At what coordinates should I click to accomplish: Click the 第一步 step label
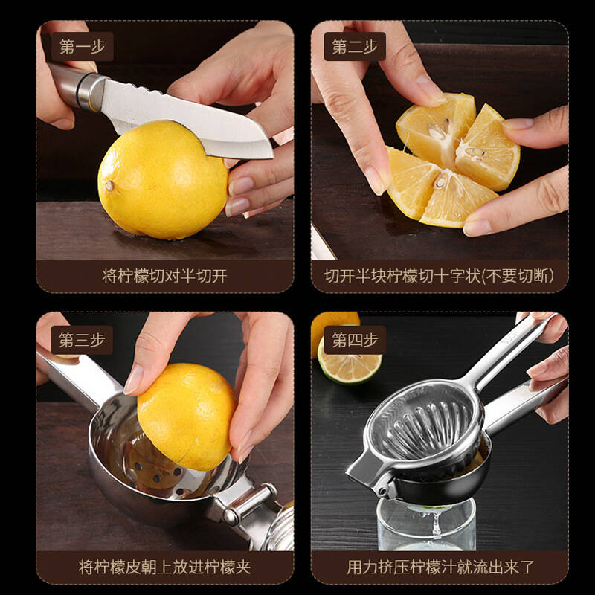pyautogui.click(x=83, y=46)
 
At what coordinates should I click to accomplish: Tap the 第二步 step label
pyautogui.click(x=355, y=46)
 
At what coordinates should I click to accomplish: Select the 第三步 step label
pyautogui.click(x=82, y=340)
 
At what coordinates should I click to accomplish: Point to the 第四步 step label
pyautogui.click(x=355, y=340)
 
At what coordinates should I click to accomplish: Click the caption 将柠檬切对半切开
pyautogui.click(x=164, y=276)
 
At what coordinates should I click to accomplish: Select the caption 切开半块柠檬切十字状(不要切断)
pyautogui.click(x=439, y=276)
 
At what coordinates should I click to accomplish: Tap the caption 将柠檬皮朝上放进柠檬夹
pyautogui.click(x=164, y=567)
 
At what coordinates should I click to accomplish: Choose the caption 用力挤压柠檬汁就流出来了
pyautogui.click(x=440, y=567)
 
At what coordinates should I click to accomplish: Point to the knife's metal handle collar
pyautogui.click(x=91, y=91)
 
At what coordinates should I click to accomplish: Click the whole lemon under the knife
pyautogui.click(x=162, y=180)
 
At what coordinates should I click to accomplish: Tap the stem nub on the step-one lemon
pyautogui.click(x=109, y=185)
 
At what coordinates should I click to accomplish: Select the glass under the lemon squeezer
pyautogui.click(x=426, y=524)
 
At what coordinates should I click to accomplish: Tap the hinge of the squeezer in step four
pyautogui.click(x=382, y=489)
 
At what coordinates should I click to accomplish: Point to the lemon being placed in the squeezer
pyautogui.click(x=187, y=416)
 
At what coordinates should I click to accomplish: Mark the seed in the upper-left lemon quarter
pyautogui.click(x=437, y=132)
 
